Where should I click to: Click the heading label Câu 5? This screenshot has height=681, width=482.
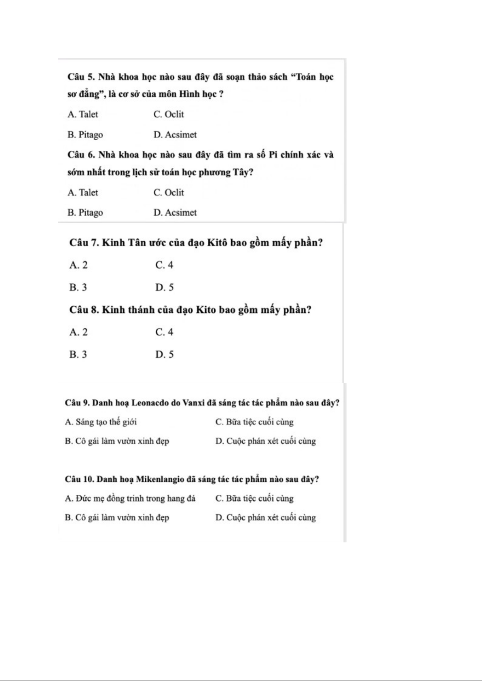81,77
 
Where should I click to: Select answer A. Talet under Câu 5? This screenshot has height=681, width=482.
83,114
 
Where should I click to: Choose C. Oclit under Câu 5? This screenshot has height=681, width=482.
169,114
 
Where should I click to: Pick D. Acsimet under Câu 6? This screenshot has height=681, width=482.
175,213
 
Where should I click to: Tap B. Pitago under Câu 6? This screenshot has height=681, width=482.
85,213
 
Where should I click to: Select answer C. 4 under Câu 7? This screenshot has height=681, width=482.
164,265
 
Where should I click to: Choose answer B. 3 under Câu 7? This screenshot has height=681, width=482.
78,287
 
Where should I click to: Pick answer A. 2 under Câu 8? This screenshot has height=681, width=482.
78,332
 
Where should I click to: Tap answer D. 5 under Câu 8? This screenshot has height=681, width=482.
165,354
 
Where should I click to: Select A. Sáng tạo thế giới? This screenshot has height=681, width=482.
101,422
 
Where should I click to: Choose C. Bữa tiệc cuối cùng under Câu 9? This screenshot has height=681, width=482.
254,422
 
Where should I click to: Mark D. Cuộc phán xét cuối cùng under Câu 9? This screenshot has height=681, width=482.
265,441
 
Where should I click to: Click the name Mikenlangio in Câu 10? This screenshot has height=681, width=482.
160,479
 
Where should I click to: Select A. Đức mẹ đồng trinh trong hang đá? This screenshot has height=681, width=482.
130,498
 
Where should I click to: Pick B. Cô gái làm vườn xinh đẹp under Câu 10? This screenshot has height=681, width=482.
117,517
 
